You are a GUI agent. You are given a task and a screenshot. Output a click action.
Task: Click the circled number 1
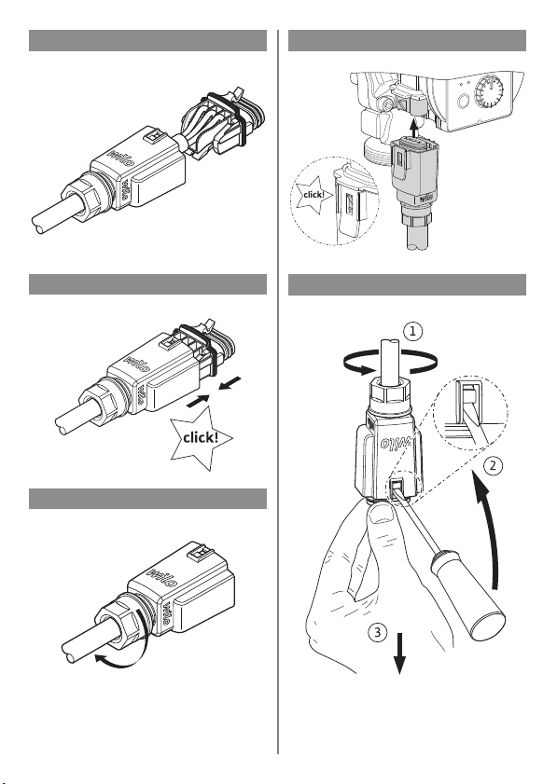click(412, 331)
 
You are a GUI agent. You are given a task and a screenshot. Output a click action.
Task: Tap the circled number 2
click(493, 465)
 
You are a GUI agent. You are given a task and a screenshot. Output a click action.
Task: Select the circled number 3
click(378, 632)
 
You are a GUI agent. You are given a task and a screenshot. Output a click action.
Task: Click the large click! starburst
click(201, 438)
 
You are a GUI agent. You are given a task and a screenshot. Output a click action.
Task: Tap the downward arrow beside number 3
click(399, 653)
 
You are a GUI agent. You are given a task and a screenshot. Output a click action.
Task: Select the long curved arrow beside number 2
click(493, 530)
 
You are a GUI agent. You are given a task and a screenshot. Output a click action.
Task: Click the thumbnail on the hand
click(382, 513)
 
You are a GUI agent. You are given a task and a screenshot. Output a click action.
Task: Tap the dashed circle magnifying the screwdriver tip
click(471, 411)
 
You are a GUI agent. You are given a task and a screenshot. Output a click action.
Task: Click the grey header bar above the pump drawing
click(407, 40)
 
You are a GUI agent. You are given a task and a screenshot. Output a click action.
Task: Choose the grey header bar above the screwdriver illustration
click(407, 284)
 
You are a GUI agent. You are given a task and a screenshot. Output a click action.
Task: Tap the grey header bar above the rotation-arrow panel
click(147, 499)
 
